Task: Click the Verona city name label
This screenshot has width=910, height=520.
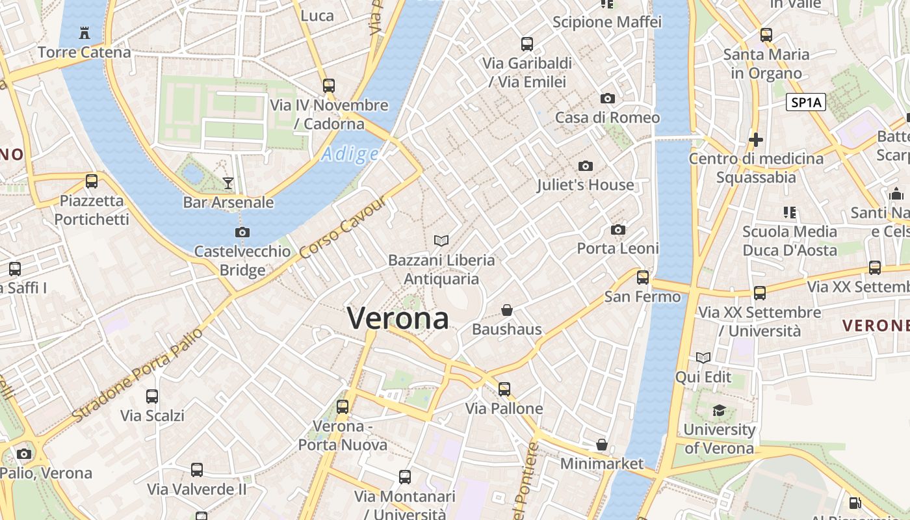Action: coord(398,318)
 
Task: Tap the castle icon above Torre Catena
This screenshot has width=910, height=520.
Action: coord(84,32)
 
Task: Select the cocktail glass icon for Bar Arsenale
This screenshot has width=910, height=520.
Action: coord(228,183)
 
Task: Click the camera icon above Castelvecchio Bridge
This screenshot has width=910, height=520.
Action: coord(242,232)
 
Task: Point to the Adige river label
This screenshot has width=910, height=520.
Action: coord(350,154)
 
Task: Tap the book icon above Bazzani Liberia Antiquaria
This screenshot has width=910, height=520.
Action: coord(441,241)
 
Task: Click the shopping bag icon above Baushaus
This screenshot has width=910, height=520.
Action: coord(507,310)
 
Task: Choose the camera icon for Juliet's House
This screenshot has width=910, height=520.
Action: coord(586,166)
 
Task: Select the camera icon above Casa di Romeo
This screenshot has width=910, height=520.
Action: coord(608,99)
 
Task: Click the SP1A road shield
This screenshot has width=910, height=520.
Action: coord(805,102)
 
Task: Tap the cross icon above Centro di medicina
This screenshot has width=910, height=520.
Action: coord(755,139)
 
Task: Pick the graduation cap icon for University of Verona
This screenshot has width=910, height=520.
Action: coord(719,410)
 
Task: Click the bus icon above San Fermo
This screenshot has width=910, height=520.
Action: coord(643,278)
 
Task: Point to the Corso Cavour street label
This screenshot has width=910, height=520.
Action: coord(344,227)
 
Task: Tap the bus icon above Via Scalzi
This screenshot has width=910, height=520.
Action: coord(152,396)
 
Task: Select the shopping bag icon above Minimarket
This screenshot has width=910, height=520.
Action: coord(602,445)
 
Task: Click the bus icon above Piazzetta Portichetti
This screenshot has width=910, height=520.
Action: coord(92,181)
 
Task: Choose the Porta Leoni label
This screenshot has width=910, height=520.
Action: coord(617,248)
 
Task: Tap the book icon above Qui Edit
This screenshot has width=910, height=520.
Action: coord(703,357)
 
